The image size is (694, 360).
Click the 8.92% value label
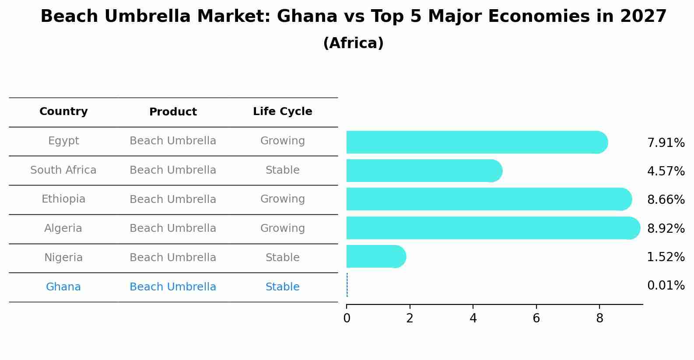(666, 228)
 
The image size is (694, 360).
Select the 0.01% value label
(666, 286)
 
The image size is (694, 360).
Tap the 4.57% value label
(666, 171)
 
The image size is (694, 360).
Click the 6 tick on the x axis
(536, 318)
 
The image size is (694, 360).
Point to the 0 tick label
(347, 318)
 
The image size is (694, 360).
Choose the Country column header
(63, 112)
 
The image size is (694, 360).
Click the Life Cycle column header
(282, 112)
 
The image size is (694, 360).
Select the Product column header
(173, 112)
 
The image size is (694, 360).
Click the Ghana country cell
(63, 287)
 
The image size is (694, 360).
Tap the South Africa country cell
(63, 170)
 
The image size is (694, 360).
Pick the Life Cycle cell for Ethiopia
(282, 199)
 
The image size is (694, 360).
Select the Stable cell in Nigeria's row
(282, 258)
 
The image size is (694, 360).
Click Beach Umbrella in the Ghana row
(173, 287)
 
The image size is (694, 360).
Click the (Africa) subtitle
(353, 43)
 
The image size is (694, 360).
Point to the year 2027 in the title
(643, 17)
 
